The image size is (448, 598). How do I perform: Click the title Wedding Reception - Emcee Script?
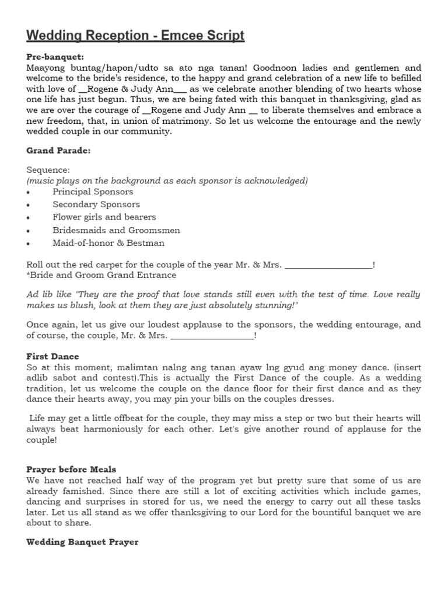pos(135,36)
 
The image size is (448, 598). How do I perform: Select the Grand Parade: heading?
pos(58,151)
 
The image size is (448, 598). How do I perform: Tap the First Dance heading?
pos(52,356)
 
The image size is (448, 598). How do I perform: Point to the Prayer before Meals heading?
pos(71,470)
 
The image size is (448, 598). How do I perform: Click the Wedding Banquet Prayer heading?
pos(82,542)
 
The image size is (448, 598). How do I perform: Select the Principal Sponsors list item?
pos(93,192)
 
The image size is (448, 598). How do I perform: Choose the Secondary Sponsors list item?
pos(96,204)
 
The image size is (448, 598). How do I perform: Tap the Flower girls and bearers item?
pos(104,217)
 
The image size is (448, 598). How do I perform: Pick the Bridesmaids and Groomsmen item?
pos(116,230)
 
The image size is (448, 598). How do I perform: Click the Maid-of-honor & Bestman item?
pos(108,243)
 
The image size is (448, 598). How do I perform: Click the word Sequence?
pos(48,170)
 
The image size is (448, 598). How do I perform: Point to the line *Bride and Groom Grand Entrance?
pos(101,275)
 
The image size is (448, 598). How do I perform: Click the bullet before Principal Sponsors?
pos(29,192)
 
